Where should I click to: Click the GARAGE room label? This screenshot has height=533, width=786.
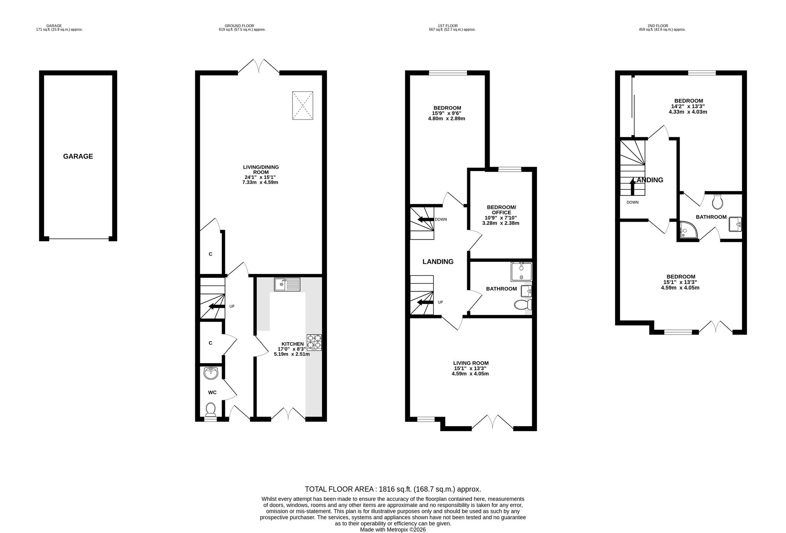tap(78, 156)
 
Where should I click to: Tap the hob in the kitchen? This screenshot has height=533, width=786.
tap(314, 342)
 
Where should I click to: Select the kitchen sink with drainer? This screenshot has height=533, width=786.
tap(287, 284)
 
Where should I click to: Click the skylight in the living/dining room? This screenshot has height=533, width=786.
tap(303, 105)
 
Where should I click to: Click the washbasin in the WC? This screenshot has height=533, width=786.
tap(211, 373)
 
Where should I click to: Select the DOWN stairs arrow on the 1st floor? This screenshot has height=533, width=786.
tap(425, 219)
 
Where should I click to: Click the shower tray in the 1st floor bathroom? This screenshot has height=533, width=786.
tap(522, 272)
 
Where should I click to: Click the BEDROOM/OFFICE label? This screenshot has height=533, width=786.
tap(501, 210)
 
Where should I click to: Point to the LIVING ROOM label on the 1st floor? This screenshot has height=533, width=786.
tap(471, 363)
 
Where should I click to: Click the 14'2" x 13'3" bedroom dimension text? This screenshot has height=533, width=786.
tap(688, 106)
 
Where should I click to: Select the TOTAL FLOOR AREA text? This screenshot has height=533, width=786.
tap(393, 489)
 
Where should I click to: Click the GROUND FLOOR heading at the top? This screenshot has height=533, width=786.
tap(242, 26)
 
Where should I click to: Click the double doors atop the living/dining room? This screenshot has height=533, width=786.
tap(259, 67)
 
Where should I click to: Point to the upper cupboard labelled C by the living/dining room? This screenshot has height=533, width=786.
tap(211, 254)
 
